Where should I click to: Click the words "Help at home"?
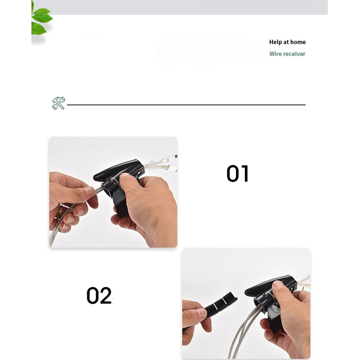[x=287, y=42]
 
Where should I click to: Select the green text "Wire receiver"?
[x=287, y=54]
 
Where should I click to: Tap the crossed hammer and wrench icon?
[x=59, y=103]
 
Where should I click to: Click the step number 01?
[x=238, y=174]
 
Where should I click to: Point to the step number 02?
[x=99, y=295]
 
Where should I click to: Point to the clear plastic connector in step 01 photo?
[x=162, y=164]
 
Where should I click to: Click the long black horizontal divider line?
[x=186, y=105]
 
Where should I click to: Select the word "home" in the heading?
[x=298, y=42]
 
